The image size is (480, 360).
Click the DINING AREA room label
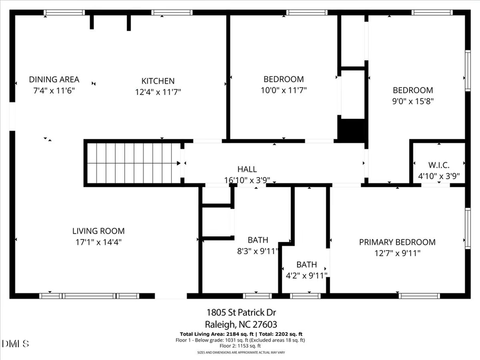pyautogui.click(x=54, y=79)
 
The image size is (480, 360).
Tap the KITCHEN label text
pyautogui.click(x=157, y=81)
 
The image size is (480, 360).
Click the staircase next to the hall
pyautogui.click(x=133, y=163)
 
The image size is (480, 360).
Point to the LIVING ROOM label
pyautogui.click(x=99, y=231)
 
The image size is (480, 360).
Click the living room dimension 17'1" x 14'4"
pyautogui.click(x=99, y=242)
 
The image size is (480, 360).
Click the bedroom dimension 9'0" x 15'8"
pyautogui.click(x=413, y=101)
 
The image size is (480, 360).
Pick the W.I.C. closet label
pyautogui.click(x=438, y=164)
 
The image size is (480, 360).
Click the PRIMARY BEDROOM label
pyautogui.click(x=397, y=242)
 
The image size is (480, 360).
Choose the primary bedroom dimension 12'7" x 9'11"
pyautogui.click(x=397, y=253)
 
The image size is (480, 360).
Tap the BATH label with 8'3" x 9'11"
pyautogui.click(x=258, y=240)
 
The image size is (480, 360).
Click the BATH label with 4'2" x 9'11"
pyautogui.click(x=307, y=265)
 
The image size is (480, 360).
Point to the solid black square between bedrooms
pyautogui.click(x=351, y=130)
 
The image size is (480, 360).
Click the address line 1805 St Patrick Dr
pyautogui.click(x=241, y=313)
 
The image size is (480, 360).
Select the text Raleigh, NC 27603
pyautogui.click(x=241, y=324)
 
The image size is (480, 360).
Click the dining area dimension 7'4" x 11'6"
pyautogui.click(x=54, y=90)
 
